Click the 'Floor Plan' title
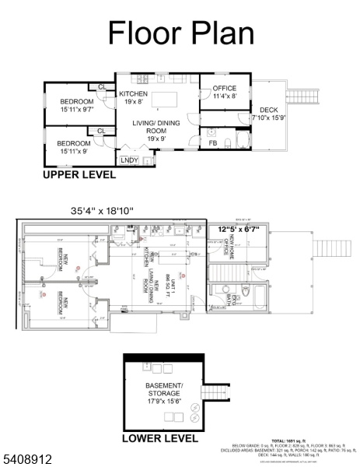click(180, 33)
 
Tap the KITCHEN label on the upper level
click(133, 94)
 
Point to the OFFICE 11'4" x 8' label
click(224, 92)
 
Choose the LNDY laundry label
click(129, 160)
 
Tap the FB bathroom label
click(212, 143)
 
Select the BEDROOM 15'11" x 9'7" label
click(77, 106)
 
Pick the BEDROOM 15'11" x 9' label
click(76, 147)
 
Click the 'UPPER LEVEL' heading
click(79, 176)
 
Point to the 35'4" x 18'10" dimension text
click(102, 211)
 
